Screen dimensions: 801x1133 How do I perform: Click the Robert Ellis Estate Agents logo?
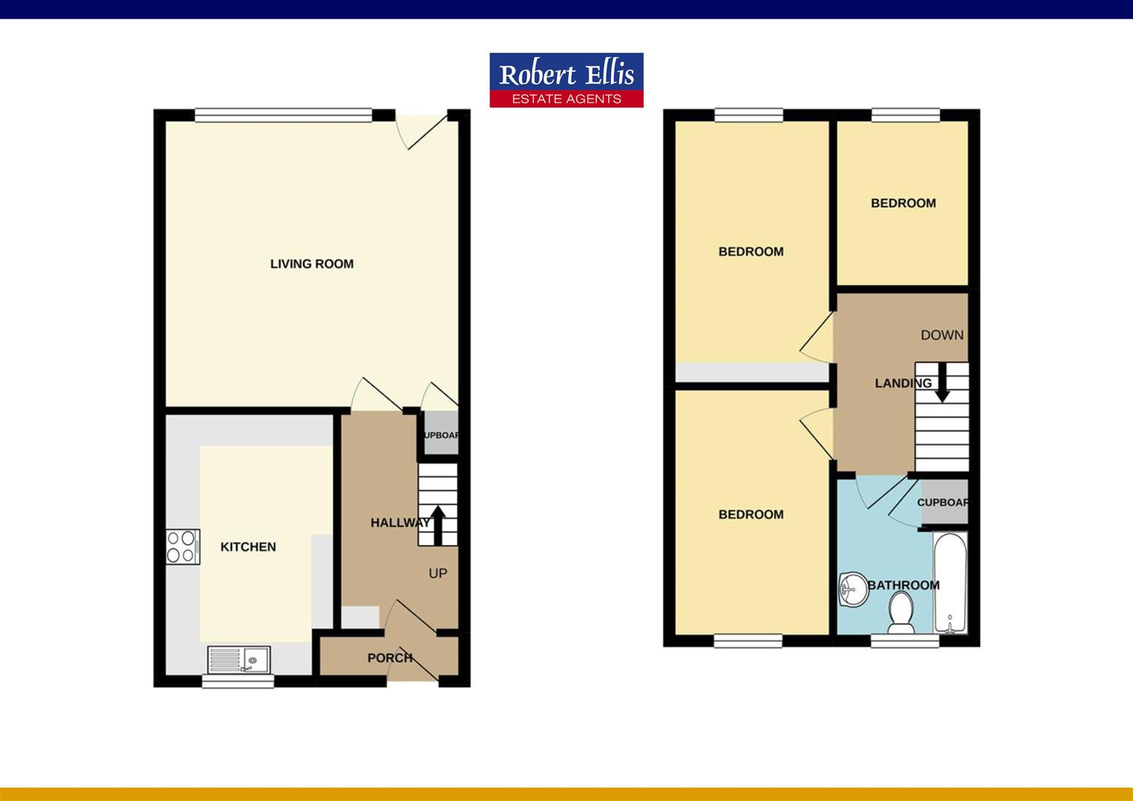click(566, 80)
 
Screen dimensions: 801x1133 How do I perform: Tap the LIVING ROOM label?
click(311, 264)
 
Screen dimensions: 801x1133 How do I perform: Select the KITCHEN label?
click(248, 547)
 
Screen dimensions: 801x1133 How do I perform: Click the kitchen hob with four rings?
click(182, 547)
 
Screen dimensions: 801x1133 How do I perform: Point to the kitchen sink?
click(240, 658)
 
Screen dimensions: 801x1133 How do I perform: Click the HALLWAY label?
click(400, 523)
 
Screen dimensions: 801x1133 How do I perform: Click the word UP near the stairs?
click(437, 573)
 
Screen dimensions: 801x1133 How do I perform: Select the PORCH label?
click(389, 658)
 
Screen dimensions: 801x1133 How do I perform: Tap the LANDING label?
click(902, 383)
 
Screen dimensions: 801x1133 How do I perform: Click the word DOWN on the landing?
click(942, 335)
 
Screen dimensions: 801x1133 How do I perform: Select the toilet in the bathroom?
click(902, 612)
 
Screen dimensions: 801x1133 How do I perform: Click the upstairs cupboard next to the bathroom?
click(943, 502)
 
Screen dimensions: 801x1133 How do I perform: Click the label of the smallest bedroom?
click(903, 203)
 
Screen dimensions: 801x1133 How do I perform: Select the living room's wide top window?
click(283, 115)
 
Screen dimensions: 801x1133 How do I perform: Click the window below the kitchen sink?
click(238, 681)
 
